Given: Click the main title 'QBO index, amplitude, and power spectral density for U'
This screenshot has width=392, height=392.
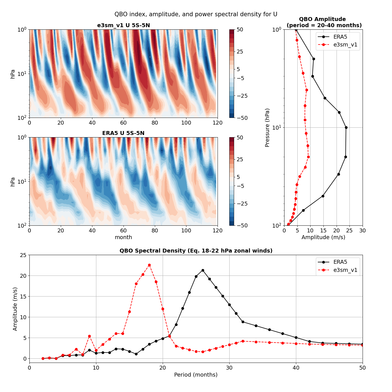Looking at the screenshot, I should [196, 14].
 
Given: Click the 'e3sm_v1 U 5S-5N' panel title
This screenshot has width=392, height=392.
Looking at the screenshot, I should [123, 25].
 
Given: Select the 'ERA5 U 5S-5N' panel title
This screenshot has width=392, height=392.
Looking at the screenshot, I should [123, 133].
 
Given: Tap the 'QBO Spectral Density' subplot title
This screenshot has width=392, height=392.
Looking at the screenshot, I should [196, 251].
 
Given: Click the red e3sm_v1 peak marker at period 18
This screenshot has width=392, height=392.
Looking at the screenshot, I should [149, 265].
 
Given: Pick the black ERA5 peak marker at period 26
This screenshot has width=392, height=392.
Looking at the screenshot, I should [203, 270].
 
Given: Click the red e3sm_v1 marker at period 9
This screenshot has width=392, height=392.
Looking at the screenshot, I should [89, 336].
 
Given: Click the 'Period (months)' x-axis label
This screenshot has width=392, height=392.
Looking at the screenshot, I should [196, 375].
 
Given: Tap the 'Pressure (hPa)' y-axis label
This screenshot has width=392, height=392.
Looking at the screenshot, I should [267, 128].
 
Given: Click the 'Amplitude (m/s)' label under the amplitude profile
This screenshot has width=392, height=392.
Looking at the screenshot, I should [323, 237].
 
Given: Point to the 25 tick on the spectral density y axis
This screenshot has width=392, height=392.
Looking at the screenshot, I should [23, 255].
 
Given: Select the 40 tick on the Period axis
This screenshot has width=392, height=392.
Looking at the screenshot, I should [296, 368].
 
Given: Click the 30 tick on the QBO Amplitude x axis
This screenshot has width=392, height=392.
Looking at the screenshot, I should [362, 230].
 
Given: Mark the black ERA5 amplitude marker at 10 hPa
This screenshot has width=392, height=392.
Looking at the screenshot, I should [346, 127].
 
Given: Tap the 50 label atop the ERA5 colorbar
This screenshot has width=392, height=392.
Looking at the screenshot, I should [240, 137].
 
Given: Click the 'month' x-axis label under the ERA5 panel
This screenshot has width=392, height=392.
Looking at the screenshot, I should [123, 237].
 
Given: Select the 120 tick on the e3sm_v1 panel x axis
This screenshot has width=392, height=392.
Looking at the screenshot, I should [217, 123].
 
